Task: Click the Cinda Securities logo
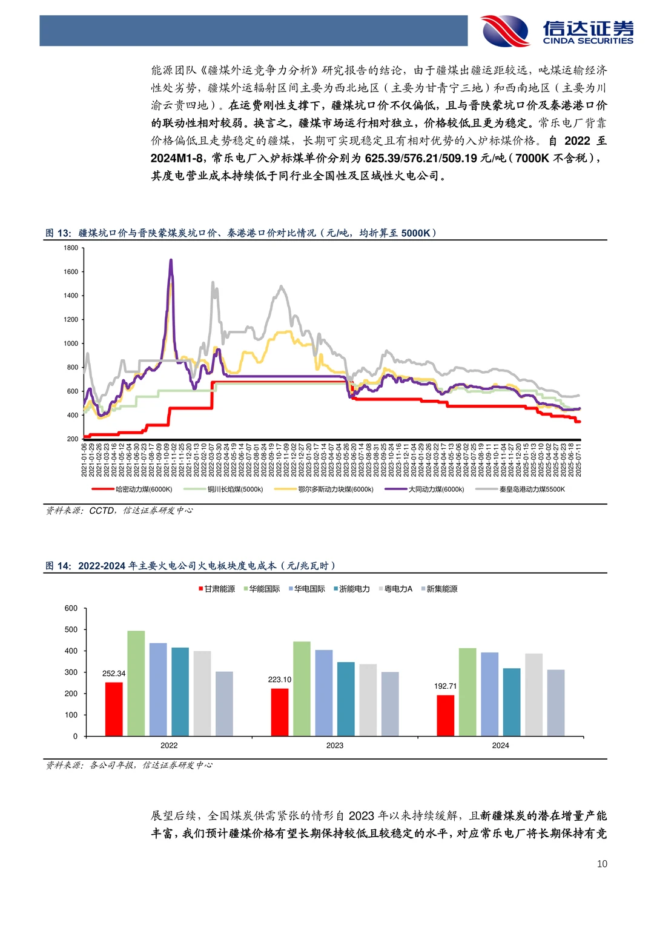point(557,30)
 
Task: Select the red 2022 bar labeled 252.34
point(114,709)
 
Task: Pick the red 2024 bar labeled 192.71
point(445,715)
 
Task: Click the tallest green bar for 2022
point(136,683)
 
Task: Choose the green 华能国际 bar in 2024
point(467,692)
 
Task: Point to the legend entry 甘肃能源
point(217,589)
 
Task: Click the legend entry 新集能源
point(439,589)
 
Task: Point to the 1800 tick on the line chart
point(71,248)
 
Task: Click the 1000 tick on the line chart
point(71,343)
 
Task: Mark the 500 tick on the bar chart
point(71,629)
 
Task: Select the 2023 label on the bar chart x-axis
point(335,746)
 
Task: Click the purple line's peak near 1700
point(171,260)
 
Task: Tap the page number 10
point(602,864)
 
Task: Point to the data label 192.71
point(445,686)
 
